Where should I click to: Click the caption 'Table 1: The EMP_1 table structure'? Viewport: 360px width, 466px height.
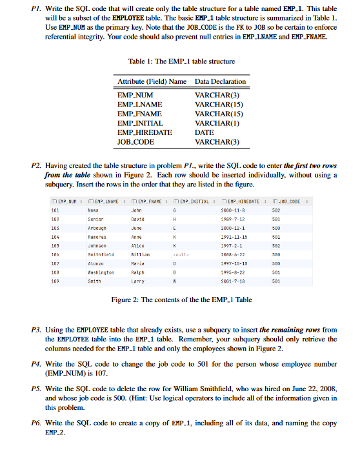click(x=182, y=61)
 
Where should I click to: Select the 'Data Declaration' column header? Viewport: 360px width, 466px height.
click(x=220, y=81)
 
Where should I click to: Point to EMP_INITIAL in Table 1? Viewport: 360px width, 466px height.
click(x=140, y=123)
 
